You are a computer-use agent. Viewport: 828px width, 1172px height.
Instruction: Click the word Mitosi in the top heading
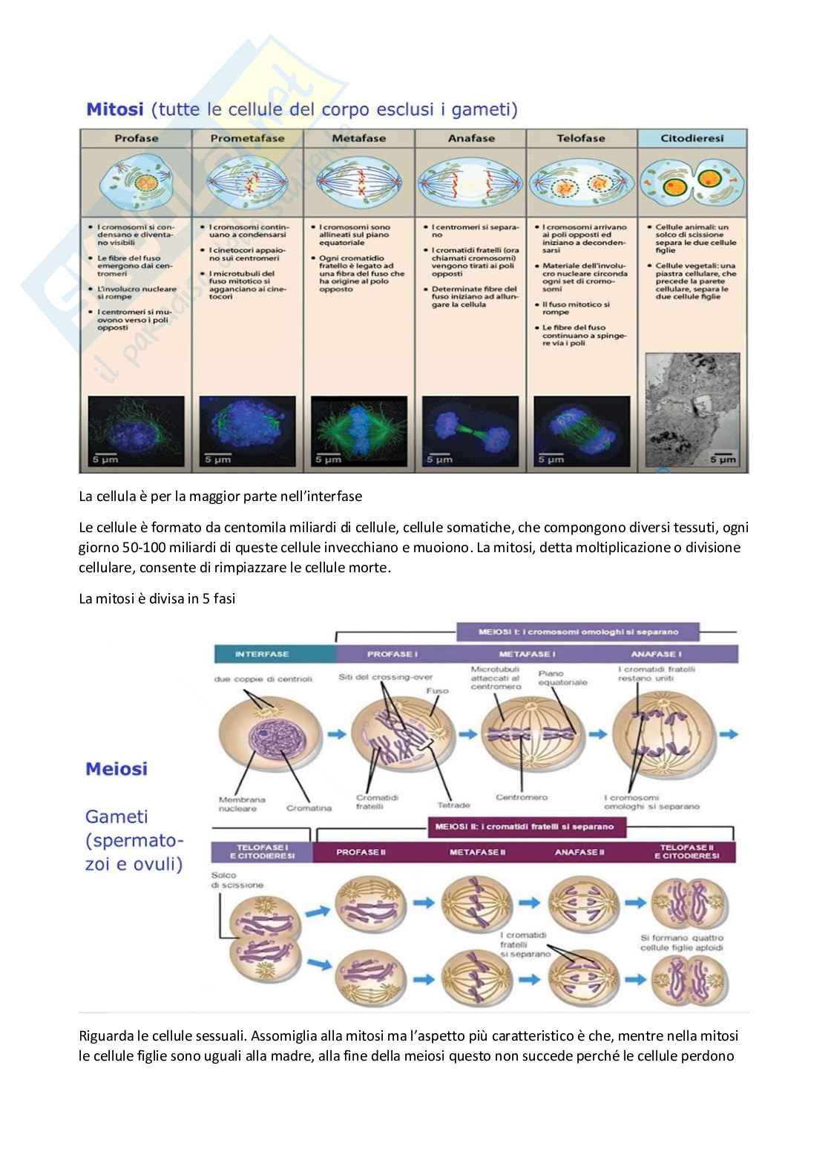[x=115, y=110]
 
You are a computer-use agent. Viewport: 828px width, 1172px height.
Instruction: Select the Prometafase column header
[x=247, y=138]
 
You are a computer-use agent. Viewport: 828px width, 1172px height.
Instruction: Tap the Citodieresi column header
[x=691, y=138]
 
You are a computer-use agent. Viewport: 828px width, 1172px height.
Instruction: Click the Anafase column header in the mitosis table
[x=470, y=138]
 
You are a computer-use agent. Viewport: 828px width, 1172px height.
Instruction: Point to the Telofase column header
[x=581, y=138]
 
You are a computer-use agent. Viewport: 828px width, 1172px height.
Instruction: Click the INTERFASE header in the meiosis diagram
[x=262, y=654]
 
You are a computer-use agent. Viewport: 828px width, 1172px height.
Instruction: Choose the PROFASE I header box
[x=392, y=654]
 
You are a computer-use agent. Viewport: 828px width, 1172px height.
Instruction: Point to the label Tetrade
[x=453, y=805]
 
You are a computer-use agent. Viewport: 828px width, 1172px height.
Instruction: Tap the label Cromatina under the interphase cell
[x=309, y=808]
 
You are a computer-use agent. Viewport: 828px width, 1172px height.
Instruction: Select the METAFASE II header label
[x=477, y=852]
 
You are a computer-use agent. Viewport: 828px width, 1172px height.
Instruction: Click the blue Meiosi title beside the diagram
[x=116, y=768]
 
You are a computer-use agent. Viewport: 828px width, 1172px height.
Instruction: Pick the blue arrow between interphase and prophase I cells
[x=337, y=734]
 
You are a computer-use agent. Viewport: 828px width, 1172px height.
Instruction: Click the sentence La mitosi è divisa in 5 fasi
[x=157, y=598]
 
